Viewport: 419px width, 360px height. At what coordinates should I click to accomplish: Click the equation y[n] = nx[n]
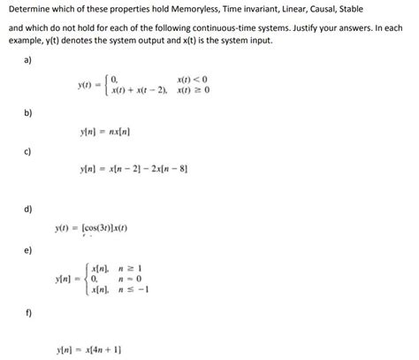(106, 133)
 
